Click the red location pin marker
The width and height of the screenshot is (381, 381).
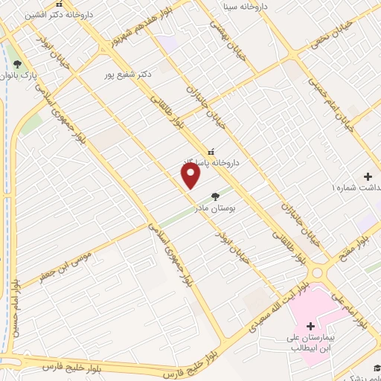click(191, 175)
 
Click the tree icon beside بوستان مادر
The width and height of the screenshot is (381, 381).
click(216, 197)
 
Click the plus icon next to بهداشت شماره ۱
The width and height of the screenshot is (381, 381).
click(368, 176)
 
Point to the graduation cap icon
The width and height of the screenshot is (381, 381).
click(377, 368)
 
